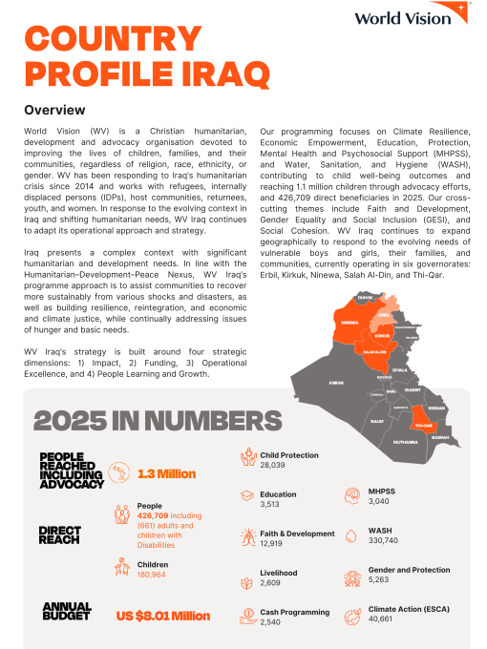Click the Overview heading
point(54,110)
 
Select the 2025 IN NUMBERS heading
point(158,421)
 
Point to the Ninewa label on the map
point(349,322)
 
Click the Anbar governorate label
point(335,383)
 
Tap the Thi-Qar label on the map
point(423,426)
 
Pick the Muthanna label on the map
point(405,442)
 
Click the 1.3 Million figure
point(167,473)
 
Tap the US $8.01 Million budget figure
point(163,616)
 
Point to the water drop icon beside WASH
point(349,536)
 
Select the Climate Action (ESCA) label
point(409,609)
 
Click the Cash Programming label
point(294,612)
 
